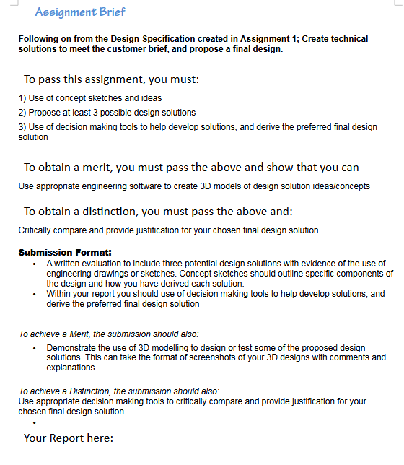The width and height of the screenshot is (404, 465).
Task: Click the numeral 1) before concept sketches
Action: click(x=22, y=97)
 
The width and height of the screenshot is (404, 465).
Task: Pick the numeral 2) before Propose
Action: click(x=22, y=112)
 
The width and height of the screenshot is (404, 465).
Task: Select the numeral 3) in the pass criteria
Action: click(x=22, y=126)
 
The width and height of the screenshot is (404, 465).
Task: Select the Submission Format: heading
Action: click(x=65, y=253)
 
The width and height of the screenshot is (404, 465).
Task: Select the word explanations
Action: click(x=71, y=368)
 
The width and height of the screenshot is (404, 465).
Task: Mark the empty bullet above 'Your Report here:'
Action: click(x=34, y=422)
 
